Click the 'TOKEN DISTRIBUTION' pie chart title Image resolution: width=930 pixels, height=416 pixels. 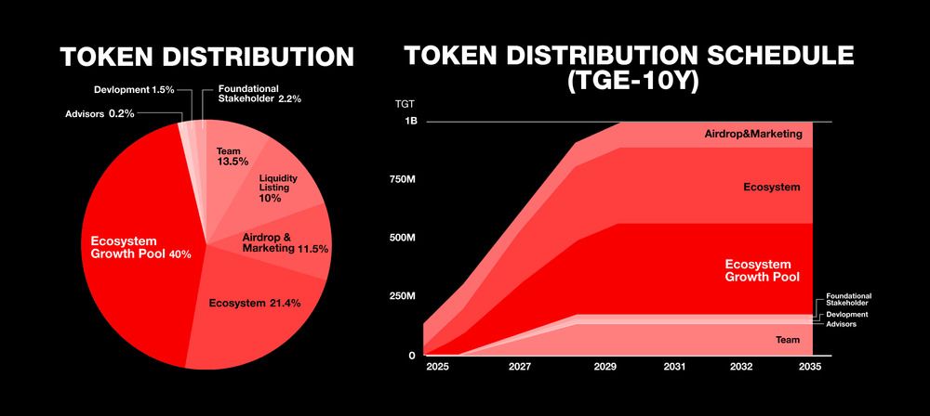(207, 57)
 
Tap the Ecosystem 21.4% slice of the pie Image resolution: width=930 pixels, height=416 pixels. (255, 308)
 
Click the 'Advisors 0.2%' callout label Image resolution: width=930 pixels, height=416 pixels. (100, 113)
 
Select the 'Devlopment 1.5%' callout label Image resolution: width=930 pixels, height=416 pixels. (134, 90)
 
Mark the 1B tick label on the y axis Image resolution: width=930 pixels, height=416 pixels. (410, 121)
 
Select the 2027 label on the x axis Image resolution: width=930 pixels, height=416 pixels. (520, 368)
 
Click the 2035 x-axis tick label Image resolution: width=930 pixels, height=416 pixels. (810, 368)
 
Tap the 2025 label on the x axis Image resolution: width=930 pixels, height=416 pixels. (438, 368)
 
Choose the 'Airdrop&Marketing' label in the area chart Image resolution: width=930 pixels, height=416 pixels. (753, 135)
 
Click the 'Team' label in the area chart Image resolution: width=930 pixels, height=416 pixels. (788, 340)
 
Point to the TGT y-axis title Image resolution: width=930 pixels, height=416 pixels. (405, 104)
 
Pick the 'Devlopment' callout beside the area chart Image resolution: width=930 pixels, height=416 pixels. (847, 315)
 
